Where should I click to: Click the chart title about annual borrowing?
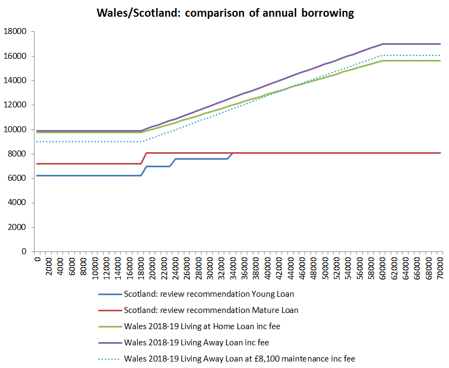click(225, 13)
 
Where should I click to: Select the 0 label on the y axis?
click(24, 251)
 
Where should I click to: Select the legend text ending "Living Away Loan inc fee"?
click(204, 342)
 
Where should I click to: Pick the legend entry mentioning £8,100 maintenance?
click(239, 358)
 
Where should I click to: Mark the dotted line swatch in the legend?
click(109, 359)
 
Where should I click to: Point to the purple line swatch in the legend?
click(109, 343)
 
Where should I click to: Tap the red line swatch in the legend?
click(109, 311)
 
